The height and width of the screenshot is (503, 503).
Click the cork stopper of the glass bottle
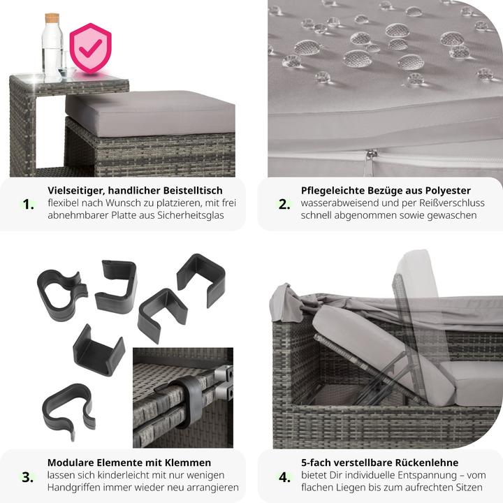tap(52, 18)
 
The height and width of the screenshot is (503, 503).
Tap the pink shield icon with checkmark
tap(91, 48)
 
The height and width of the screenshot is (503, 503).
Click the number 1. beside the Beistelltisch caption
tap(28, 204)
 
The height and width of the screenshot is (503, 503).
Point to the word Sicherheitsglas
tap(191, 215)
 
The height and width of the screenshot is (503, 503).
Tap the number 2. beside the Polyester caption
tap(284, 204)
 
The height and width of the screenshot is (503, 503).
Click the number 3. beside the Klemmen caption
tap(27, 477)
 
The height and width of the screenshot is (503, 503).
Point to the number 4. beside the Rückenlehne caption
tap(284, 477)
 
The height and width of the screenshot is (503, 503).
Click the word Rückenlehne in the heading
tap(427, 462)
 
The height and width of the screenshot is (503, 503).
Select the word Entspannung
tap(429, 476)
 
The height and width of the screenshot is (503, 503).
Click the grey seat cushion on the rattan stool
tap(150, 112)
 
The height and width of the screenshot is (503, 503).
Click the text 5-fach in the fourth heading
tap(314, 462)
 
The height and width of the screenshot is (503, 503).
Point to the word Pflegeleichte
tap(333, 191)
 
